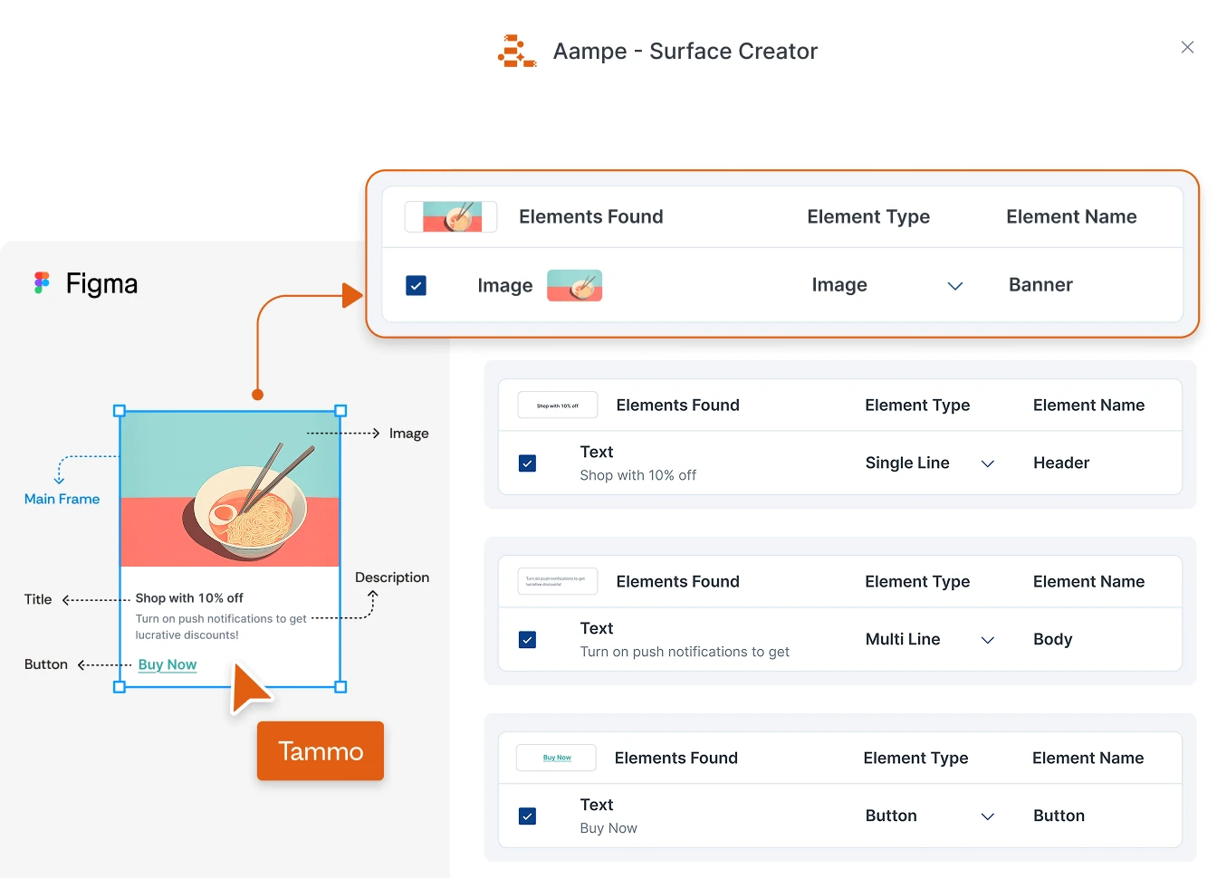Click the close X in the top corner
coord(1187,47)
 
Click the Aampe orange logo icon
coord(516,52)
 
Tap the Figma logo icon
coord(42,283)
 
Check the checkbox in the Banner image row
coord(417,286)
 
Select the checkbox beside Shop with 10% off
coord(527,463)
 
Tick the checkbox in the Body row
coord(527,640)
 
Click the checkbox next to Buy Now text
coord(527,816)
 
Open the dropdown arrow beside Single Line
coord(988,463)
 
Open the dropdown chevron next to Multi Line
coord(988,640)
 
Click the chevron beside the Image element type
coord(954,286)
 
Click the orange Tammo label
coord(321,751)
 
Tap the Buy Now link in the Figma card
coord(168,664)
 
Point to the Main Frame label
coord(62,499)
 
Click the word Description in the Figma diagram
coord(392,577)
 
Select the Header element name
coord(1061,463)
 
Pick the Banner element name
coord(1040,285)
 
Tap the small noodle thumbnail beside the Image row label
coord(575,285)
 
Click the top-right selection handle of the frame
coord(341,411)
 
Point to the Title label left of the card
coord(38,599)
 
